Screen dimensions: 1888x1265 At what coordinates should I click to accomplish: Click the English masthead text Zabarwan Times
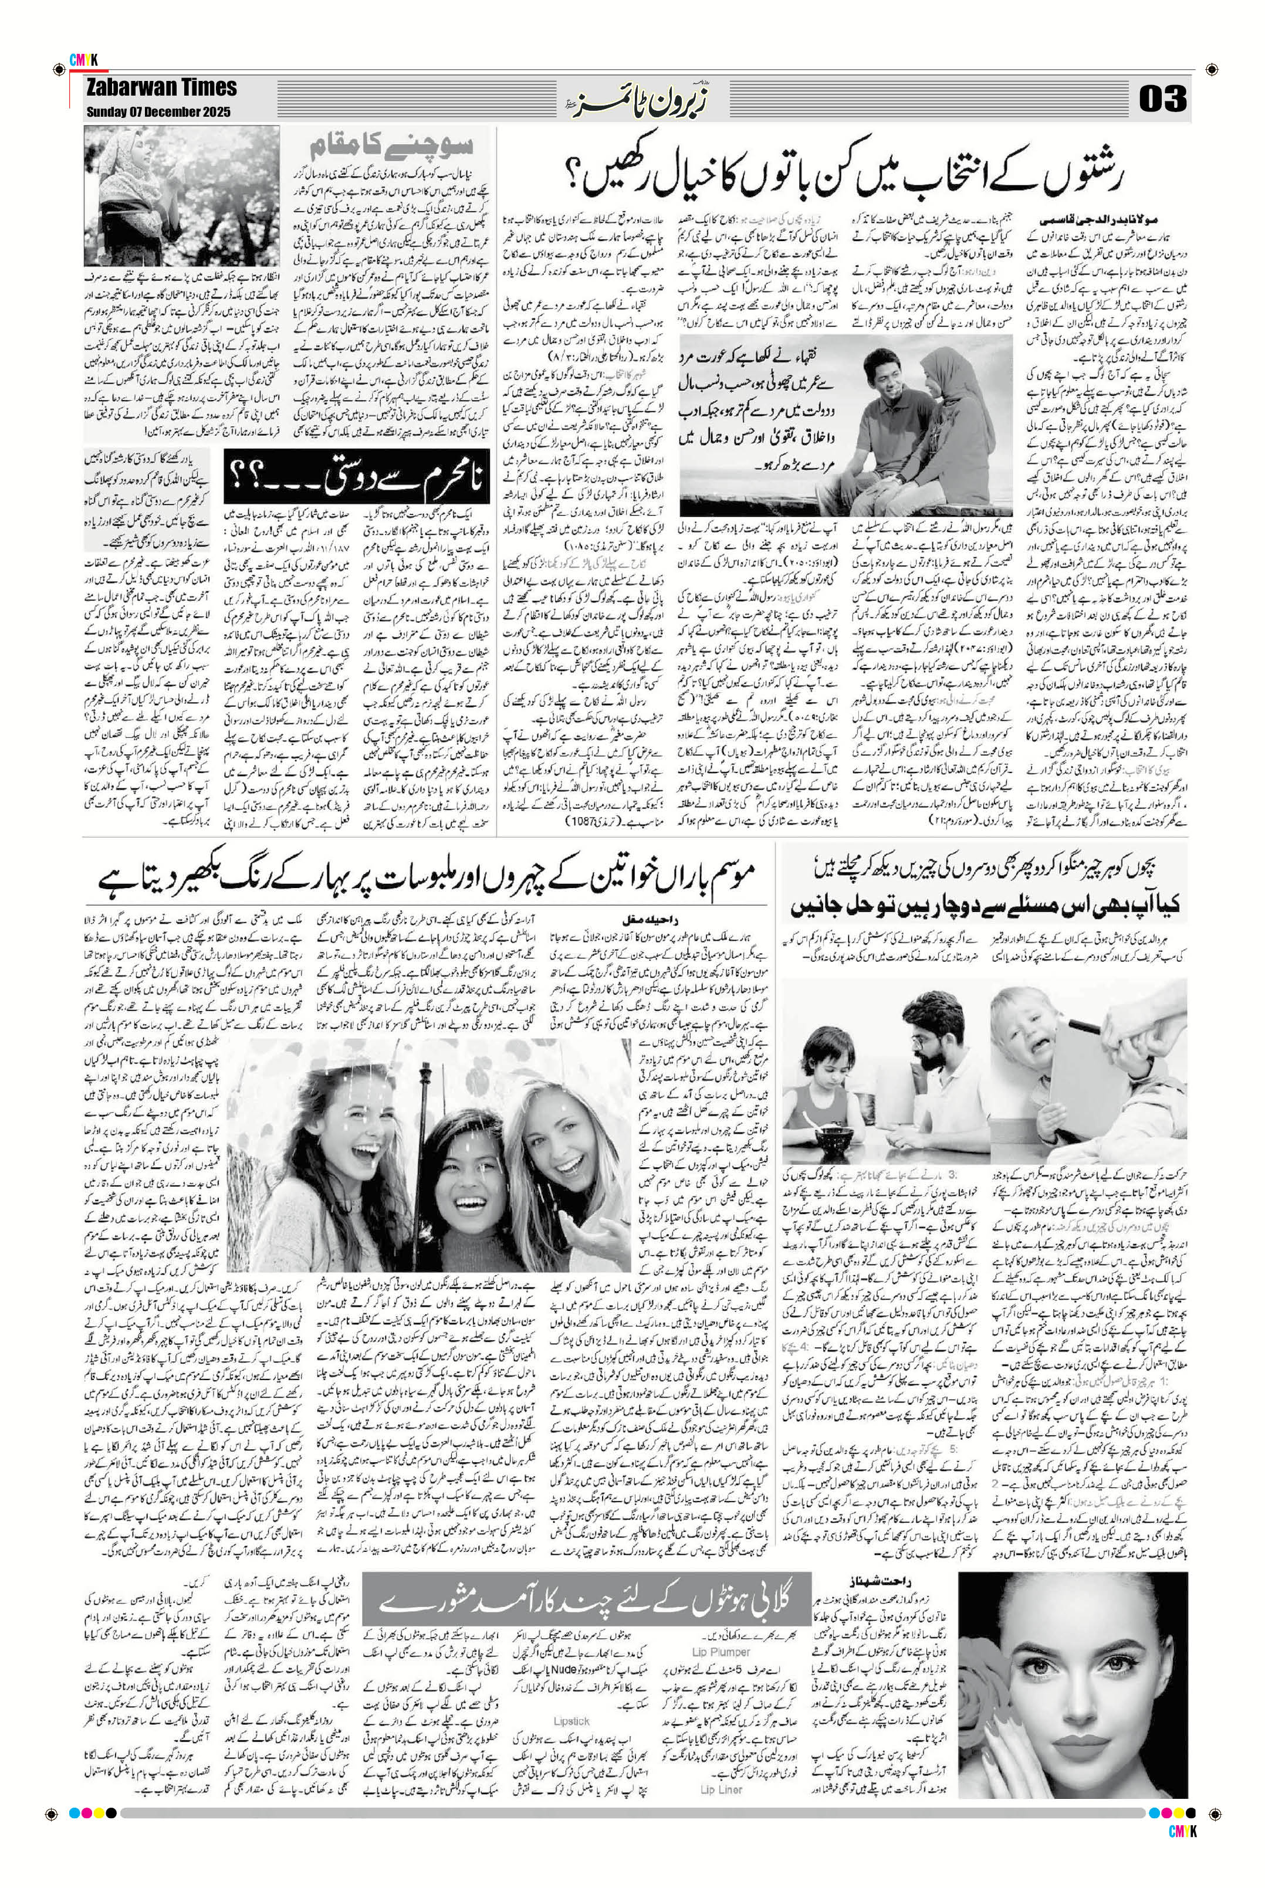[161, 88]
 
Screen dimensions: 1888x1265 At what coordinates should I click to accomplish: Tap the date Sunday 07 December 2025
[158, 112]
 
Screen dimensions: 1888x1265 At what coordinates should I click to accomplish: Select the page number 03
[1162, 99]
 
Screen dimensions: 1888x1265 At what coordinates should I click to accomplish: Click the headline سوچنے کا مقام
[391, 148]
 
